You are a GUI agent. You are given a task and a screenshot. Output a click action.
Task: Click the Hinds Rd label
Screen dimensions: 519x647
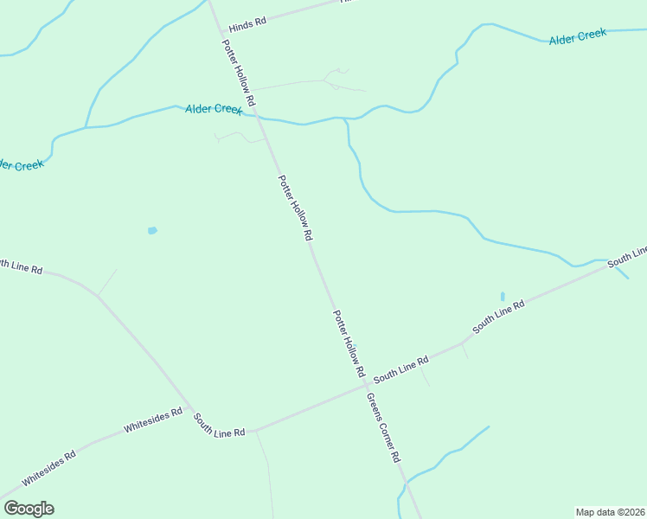pos(247,26)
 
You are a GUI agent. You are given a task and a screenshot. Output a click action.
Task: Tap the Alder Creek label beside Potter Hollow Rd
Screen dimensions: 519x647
pos(214,109)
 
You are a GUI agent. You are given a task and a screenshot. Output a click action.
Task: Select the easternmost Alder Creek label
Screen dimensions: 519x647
pos(578,36)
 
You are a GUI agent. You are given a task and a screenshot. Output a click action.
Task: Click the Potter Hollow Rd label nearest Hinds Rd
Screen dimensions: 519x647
pos(238,74)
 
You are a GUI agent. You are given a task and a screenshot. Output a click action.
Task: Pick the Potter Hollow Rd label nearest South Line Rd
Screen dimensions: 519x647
pos(349,343)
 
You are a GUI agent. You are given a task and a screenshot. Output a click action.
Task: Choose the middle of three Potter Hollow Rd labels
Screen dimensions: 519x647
pos(294,208)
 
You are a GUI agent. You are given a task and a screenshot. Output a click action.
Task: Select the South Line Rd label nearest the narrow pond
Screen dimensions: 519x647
pos(499,318)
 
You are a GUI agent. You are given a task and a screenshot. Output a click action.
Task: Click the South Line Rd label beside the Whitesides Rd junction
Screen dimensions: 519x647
pos(220,424)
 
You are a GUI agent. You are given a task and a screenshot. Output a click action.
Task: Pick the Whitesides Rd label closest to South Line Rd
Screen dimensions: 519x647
pos(153,420)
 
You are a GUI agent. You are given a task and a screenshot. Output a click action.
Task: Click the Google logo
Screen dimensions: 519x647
pos(29,509)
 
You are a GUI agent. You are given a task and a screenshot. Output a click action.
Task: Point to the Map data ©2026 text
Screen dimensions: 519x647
pos(611,511)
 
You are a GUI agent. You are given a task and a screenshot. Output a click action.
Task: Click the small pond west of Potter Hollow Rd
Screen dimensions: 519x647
pos(152,231)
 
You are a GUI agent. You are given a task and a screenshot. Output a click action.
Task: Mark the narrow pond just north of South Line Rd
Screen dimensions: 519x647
pos(503,297)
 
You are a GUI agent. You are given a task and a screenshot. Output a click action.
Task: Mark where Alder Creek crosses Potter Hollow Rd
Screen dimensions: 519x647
pos(258,116)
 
